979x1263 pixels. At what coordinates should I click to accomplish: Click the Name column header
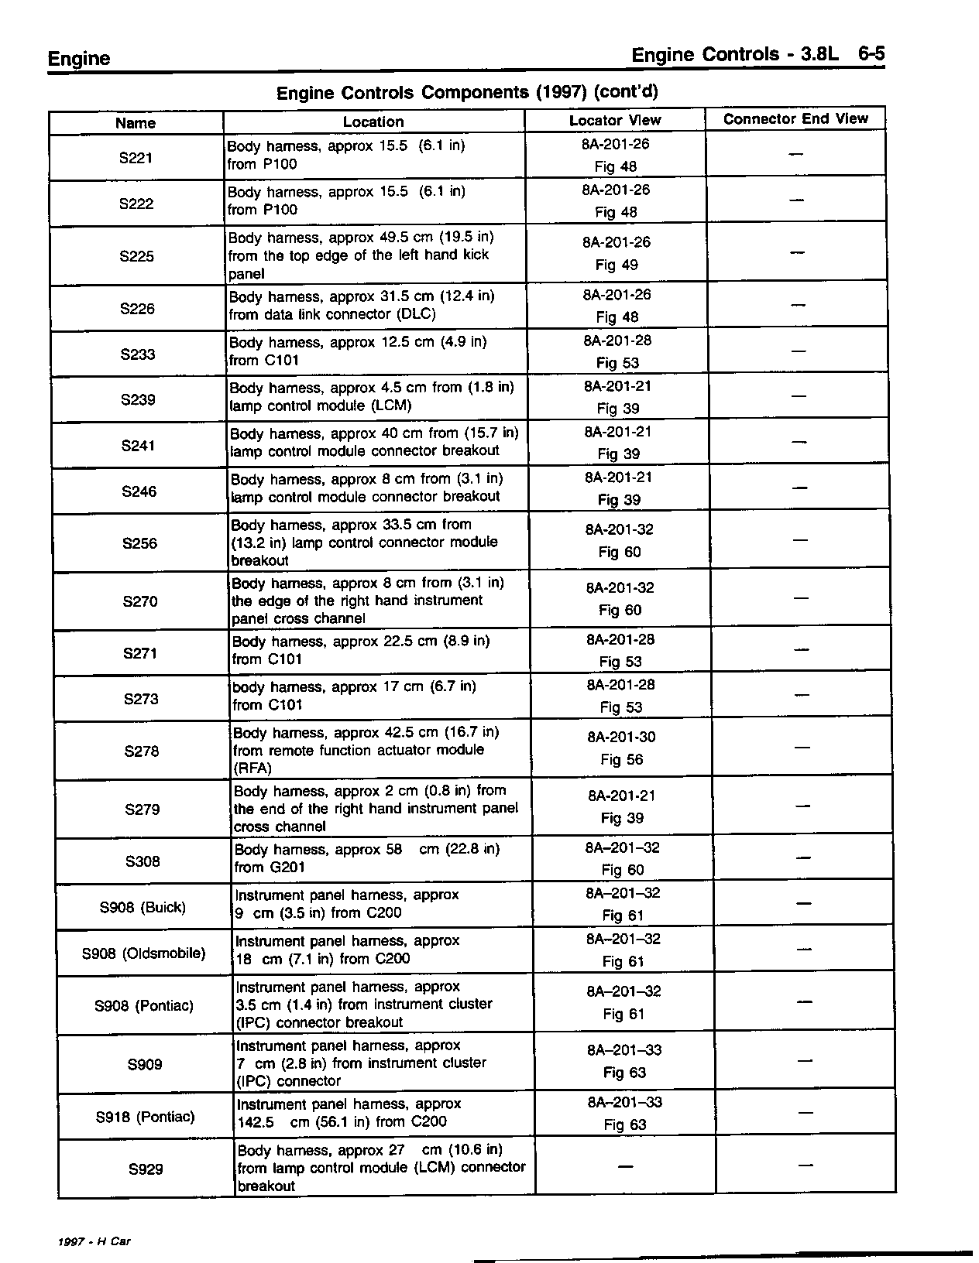136,123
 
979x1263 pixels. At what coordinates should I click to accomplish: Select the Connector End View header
795,119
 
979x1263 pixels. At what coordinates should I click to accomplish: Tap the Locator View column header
615,121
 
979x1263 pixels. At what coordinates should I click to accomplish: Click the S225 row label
137,256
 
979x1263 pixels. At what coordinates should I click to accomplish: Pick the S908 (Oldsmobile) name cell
144,953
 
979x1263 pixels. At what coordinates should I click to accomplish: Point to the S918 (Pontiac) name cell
145,1117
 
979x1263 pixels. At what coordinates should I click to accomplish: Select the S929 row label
146,1169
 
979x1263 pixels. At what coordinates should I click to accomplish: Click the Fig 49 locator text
617,265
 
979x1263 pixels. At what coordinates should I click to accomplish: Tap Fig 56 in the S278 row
621,759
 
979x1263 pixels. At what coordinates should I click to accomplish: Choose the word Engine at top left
79,59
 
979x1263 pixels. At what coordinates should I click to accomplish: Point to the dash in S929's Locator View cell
625,1165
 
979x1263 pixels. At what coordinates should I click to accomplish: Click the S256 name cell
139,543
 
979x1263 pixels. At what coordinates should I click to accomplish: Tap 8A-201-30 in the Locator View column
621,738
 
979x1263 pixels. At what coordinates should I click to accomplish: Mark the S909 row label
145,1065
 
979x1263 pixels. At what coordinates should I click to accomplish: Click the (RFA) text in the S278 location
252,768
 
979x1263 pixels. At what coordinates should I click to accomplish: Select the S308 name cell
143,861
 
